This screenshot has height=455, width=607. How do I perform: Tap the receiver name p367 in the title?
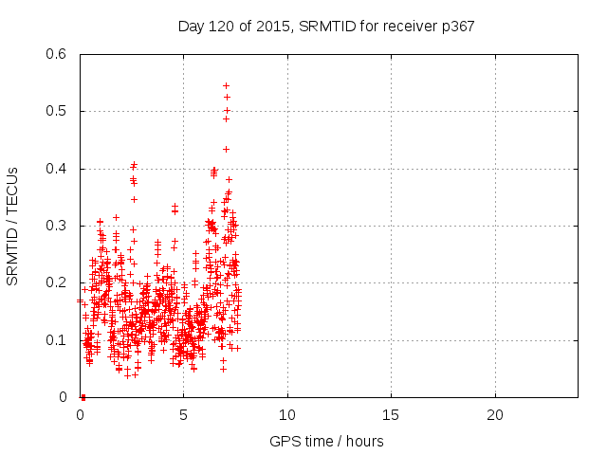tap(455, 27)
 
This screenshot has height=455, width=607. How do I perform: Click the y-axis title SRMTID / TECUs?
tap(12, 226)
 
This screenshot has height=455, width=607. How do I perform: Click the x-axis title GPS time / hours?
tap(326, 441)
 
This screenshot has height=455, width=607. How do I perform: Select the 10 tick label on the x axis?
tap(286, 415)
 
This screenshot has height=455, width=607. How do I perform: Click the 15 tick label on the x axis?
tap(390, 415)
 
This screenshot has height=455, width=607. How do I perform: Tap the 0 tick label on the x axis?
tap(80, 415)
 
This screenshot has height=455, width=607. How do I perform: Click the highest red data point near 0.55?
tap(226, 85)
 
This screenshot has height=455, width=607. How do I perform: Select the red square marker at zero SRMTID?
tap(83, 397)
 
